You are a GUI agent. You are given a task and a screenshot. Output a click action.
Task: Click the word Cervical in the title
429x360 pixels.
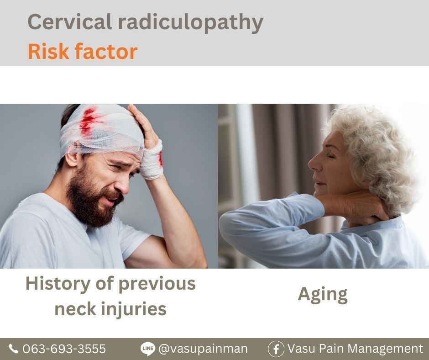point(70,21)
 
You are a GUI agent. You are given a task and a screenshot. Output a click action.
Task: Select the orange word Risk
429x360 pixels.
point(48,51)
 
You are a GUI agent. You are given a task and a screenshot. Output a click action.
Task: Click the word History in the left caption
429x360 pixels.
point(58,285)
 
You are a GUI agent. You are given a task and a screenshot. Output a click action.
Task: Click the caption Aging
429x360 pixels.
point(323,295)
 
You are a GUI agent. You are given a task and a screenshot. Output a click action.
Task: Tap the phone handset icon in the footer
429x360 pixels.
point(13,349)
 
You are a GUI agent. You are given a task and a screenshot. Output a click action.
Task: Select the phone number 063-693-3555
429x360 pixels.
point(64,349)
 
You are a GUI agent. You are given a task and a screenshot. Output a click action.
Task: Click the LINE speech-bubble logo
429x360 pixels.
point(148,349)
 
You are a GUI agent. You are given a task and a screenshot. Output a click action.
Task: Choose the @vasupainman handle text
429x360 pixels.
point(203,349)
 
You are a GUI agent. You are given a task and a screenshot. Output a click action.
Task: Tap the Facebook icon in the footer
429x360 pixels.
point(276,349)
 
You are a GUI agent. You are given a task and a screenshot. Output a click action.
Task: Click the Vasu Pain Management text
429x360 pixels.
point(355,349)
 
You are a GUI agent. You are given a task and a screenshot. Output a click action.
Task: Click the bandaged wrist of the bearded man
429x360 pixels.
point(152,160)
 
